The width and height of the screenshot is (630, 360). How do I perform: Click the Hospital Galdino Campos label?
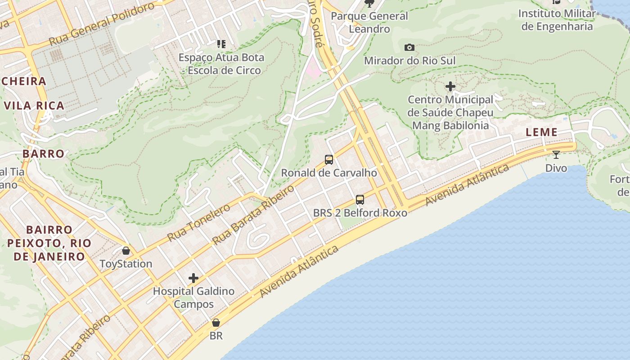point(193,297)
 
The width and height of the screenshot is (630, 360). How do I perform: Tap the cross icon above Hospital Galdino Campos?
point(193,278)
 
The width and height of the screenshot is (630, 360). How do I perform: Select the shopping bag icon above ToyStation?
point(126,250)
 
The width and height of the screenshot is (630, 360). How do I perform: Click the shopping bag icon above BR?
point(216,323)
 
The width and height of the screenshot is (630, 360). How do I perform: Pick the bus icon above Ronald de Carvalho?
point(329,159)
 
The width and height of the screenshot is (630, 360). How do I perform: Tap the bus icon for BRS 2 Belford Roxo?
point(360,199)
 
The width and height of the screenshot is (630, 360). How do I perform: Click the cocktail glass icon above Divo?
point(556,155)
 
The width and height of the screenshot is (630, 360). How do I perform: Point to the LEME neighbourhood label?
point(542,132)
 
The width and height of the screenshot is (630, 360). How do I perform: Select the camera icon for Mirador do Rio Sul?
point(409,47)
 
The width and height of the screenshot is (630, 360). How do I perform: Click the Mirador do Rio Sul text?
point(409,60)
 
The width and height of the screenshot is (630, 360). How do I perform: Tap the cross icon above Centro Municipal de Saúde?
point(450,86)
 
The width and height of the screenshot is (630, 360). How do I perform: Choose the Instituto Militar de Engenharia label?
point(557,20)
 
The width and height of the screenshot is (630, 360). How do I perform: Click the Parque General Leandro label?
point(369,22)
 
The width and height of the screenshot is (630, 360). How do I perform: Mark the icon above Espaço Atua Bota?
point(221,44)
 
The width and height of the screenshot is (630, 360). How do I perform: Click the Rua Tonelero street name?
point(198,222)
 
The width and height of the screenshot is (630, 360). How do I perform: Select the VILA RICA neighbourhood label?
point(34,106)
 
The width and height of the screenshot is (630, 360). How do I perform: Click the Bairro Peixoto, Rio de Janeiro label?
point(49,243)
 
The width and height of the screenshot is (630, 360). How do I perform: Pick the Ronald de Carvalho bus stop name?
point(329,173)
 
